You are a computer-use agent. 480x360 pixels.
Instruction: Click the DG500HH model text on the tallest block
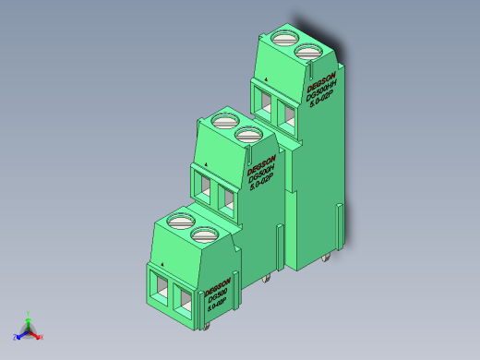click(322, 92)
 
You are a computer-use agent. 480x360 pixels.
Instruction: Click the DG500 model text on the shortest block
click(217, 297)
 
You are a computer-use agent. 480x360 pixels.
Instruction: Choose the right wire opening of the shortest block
click(183, 302)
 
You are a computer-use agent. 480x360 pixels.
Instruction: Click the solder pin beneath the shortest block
click(210, 326)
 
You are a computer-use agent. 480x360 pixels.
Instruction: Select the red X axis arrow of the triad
click(39, 336)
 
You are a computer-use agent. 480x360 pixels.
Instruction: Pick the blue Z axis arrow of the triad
click(18, 335)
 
